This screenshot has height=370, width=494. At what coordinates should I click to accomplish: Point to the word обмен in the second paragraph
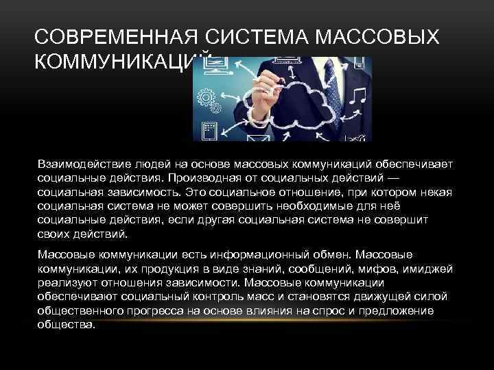(306, 254)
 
